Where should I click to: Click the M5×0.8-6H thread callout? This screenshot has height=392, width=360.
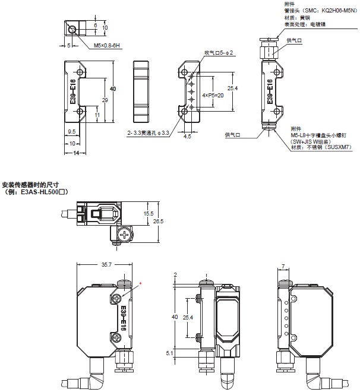click(x=107, y=46)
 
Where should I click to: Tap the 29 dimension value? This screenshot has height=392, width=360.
click(x=105, y=100)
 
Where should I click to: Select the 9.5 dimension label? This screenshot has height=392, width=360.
click(x=71, y=131)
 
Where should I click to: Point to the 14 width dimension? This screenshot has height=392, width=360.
click(x=76, y=153)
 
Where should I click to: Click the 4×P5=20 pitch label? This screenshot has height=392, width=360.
click(x=213, y=95)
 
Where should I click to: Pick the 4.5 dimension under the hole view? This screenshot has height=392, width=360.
click(x=187, y=136)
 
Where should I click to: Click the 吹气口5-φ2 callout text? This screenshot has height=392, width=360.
click(x=219, y=53)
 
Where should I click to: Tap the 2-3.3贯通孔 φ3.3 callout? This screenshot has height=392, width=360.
click(x=149, y=133)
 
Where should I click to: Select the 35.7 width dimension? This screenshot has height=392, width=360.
click(x=106, y=264)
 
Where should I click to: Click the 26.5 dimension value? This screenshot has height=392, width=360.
click(x=158, y=222)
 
